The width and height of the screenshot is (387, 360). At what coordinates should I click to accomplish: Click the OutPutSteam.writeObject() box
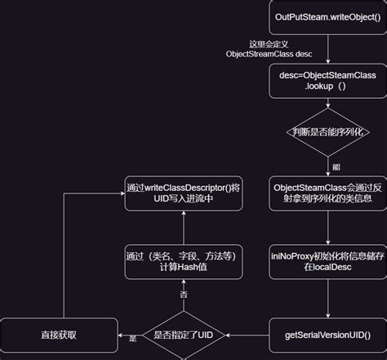coord(327,17)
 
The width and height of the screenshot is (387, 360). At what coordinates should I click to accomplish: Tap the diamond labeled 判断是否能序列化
coord(327,133)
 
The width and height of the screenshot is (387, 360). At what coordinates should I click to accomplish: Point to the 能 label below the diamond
coord(336,167)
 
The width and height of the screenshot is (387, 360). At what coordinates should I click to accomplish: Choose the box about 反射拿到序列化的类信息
coord(327,193)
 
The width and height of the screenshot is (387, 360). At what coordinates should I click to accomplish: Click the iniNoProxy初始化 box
coord(327,262)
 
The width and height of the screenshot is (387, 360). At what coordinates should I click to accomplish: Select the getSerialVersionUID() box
coord(327,335)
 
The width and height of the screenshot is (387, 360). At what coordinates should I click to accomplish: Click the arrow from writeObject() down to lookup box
coord(327,48)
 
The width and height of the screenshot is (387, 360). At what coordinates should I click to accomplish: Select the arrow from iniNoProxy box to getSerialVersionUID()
coord(327,299)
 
